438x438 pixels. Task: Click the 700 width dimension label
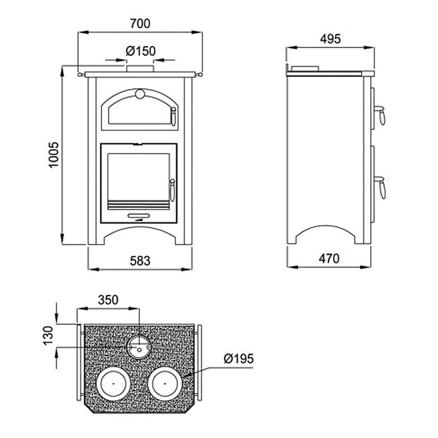[140, 24]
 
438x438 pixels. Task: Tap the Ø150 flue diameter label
[141, 51]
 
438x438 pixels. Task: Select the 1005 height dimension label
[53, 155]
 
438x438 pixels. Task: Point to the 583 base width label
[140, 261]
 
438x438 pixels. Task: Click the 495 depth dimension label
[330, 39]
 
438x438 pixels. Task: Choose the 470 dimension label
[329, 259]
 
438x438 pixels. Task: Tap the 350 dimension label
[108, 300]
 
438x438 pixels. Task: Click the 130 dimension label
[48, 336]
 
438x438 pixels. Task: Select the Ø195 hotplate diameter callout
[239, 359]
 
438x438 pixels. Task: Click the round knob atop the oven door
[140, 94]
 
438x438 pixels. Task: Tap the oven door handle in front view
[173, 116]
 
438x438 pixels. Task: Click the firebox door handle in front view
[172, 190]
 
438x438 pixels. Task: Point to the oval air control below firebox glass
[139, 215]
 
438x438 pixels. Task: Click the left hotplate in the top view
[113, 384]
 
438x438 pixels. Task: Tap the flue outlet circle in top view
[139, 347]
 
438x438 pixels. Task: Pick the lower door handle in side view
[381, 187]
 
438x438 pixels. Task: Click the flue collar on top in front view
[140, 69]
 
